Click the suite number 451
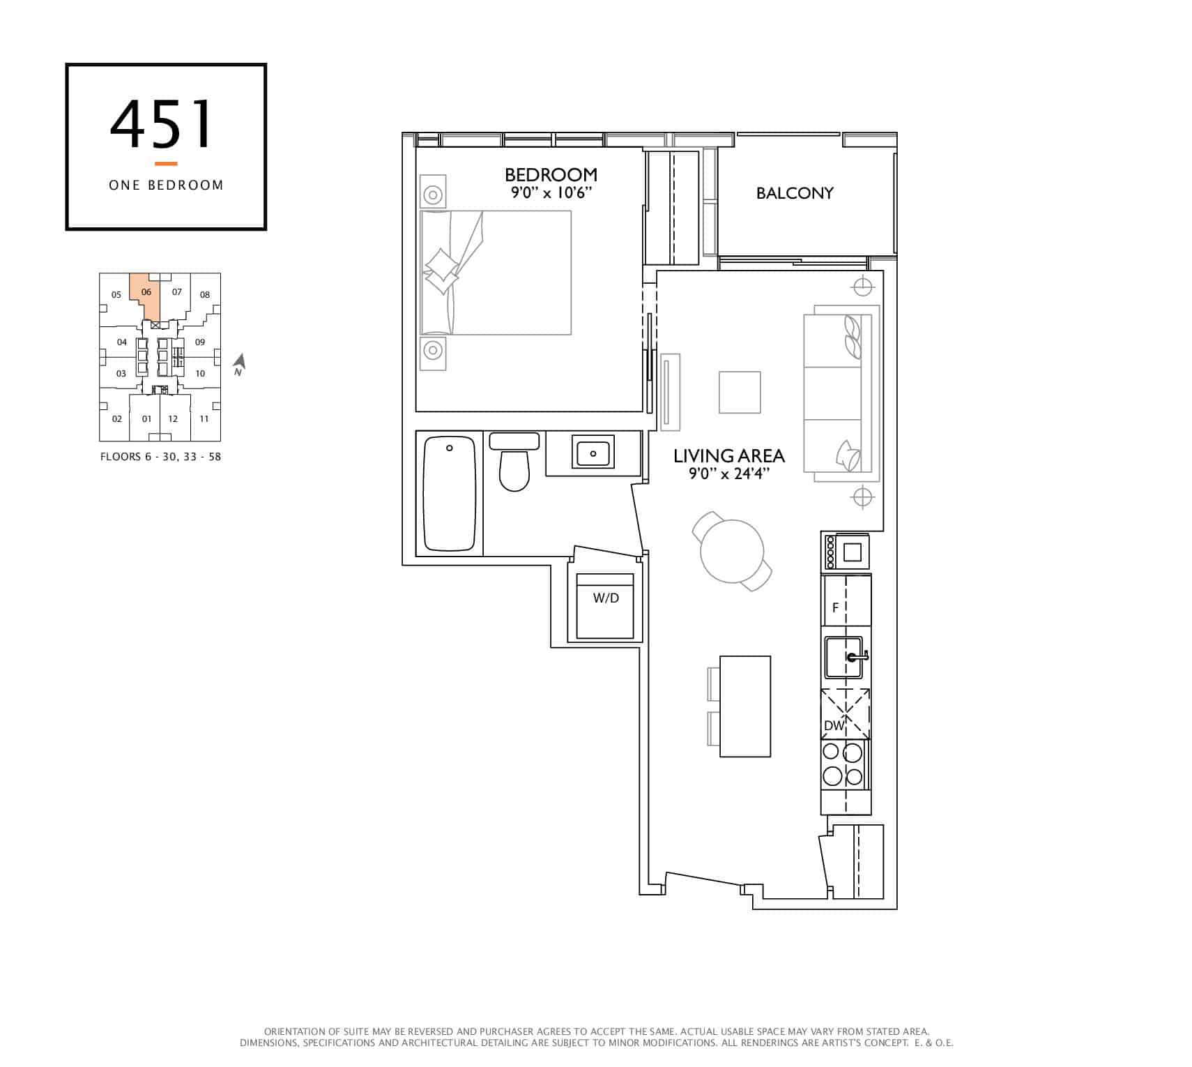(x=161, y=125)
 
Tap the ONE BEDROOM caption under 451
(x=166, y=185)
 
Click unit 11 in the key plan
(x=204, y=419)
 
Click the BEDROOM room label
(x=551, y=174)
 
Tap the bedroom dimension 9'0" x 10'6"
(x=551, y=192)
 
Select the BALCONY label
(x=795, y=193)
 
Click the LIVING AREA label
(x=729, y=456)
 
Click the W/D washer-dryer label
(x=606, y=598)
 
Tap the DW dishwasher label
(x=834, y=726)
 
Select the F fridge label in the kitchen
(x=835, y=608)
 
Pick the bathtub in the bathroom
(x=450, y=493)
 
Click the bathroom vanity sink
(x=593, y=453)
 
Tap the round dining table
(x=732, y=551)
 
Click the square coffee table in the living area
(x=740, y=393)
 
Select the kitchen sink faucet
(x=857, y=656)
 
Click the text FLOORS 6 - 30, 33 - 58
(x=160, y=457)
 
